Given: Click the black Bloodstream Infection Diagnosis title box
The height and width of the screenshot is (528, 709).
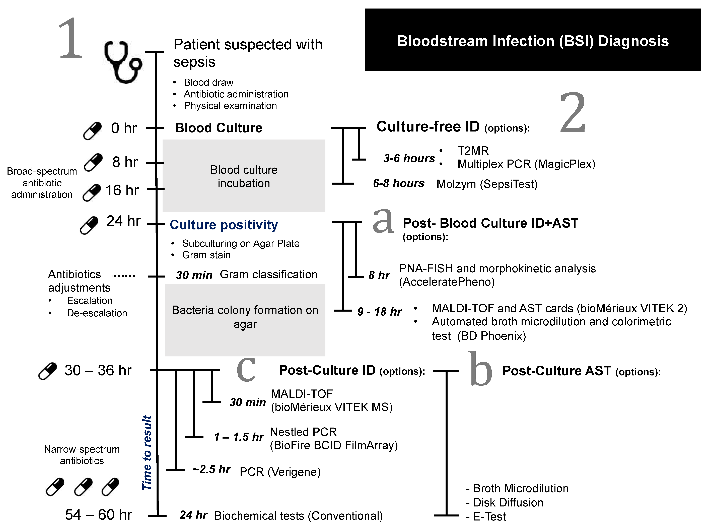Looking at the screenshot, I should click(x=533, y=40).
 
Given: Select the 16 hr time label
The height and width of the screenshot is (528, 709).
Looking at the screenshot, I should click(x=122, y=190).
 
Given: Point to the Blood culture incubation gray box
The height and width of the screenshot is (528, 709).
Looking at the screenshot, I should click(x=244, y=176).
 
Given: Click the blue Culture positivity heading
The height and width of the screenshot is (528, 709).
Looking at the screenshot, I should click(x=224, y=225).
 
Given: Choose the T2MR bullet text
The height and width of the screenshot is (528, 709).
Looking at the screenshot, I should click(x=473, y=151).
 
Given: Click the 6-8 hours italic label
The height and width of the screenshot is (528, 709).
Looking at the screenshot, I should click(x=399, y=183).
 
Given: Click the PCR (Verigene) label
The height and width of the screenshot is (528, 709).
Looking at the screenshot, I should click(x=280, y=472).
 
